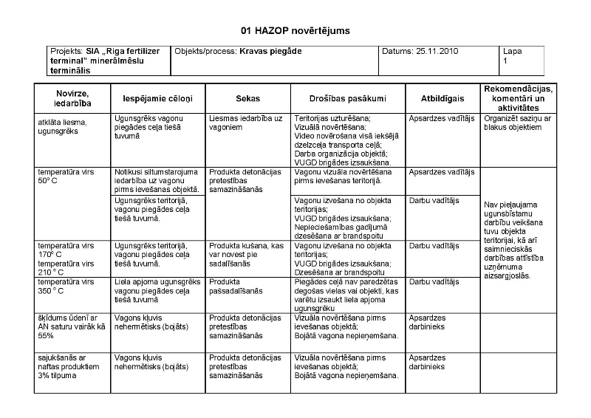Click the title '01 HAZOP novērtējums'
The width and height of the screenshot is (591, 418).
click(295, 30)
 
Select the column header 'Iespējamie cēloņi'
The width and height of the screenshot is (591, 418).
click(151, 98)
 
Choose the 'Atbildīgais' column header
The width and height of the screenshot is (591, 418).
click(443, 98)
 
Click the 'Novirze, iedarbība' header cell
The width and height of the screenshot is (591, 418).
click(72, 98)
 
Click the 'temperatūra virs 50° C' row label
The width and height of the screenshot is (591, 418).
click(66, 176)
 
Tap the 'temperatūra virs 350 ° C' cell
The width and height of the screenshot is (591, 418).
click(66, 286)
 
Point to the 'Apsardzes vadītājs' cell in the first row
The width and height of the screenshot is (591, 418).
click(441, 117)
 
